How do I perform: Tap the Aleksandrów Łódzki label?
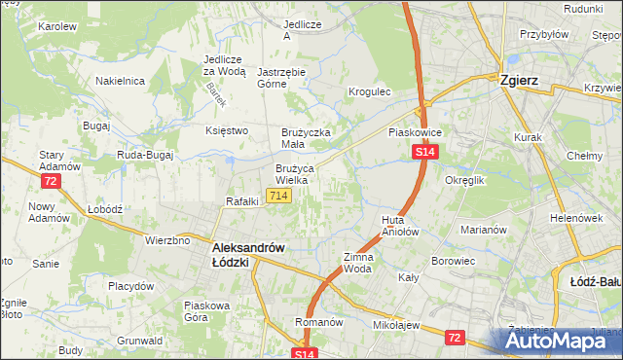pyautogui.click(x=248, y=255)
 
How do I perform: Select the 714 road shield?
pyautogui.click(x=279, y=197)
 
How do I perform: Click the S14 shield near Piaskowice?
pyautogui.click(x=424, y=153)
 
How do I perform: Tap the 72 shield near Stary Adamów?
pyautogui.click(x=51, y=181)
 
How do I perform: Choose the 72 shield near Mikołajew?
pyautogui.click(x=455, y=336)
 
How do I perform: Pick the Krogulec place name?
pyautogui.click(x=370, y=92)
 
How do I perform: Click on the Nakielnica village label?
pyautogui.click(x=120, y=81)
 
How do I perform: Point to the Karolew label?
pyautogui.click(x=56, y=26)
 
